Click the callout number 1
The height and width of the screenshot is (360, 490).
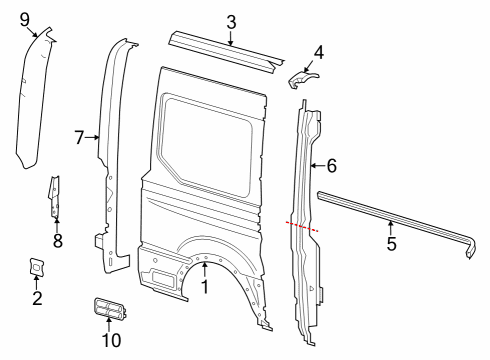[x=206, y=288]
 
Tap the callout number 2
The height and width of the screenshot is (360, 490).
[x=36, y=297]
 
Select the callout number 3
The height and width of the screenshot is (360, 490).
[x=231, y=21]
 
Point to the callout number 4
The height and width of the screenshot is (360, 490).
[x=319, y=51]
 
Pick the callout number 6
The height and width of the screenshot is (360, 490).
[x=332, y=166]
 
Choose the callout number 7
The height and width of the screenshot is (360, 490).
[x=80, y=137]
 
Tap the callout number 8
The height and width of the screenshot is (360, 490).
[x=57, y=240]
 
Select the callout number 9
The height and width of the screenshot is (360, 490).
[x=24, y=17]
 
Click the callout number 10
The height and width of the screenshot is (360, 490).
[x=111, y=340]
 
